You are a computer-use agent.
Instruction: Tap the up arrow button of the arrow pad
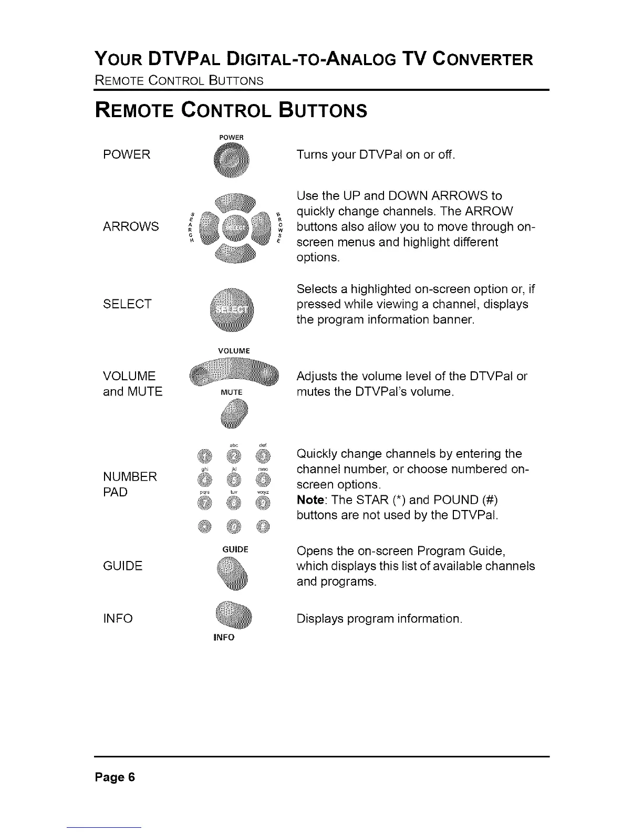pos(232,202)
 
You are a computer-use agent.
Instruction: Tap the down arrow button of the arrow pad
pos(232,253)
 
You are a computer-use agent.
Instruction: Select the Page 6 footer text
pos(115,777)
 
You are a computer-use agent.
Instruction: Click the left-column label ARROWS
pos(131,226)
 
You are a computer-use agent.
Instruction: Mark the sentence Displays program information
pos(379,618)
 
